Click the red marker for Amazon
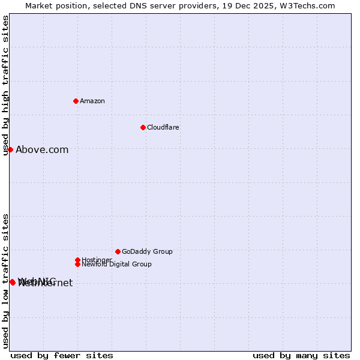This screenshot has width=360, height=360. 76,101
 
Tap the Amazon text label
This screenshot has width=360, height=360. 92,101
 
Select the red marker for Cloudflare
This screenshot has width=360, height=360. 143,127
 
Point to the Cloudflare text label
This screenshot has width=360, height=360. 163,127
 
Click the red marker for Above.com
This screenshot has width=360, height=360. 10,149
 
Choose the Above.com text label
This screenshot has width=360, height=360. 42,150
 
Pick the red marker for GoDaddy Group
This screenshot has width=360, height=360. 118,251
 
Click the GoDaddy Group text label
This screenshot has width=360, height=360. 147,251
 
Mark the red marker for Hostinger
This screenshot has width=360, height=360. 77,260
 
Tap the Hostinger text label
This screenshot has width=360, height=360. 97,260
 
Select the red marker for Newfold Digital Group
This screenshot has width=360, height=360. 77,264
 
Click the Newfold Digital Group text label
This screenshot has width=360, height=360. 117,265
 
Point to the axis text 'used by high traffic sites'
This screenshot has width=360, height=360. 6,85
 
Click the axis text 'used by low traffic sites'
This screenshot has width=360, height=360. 6,281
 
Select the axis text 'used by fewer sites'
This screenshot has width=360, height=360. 62,356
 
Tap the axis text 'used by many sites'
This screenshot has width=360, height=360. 301,356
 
